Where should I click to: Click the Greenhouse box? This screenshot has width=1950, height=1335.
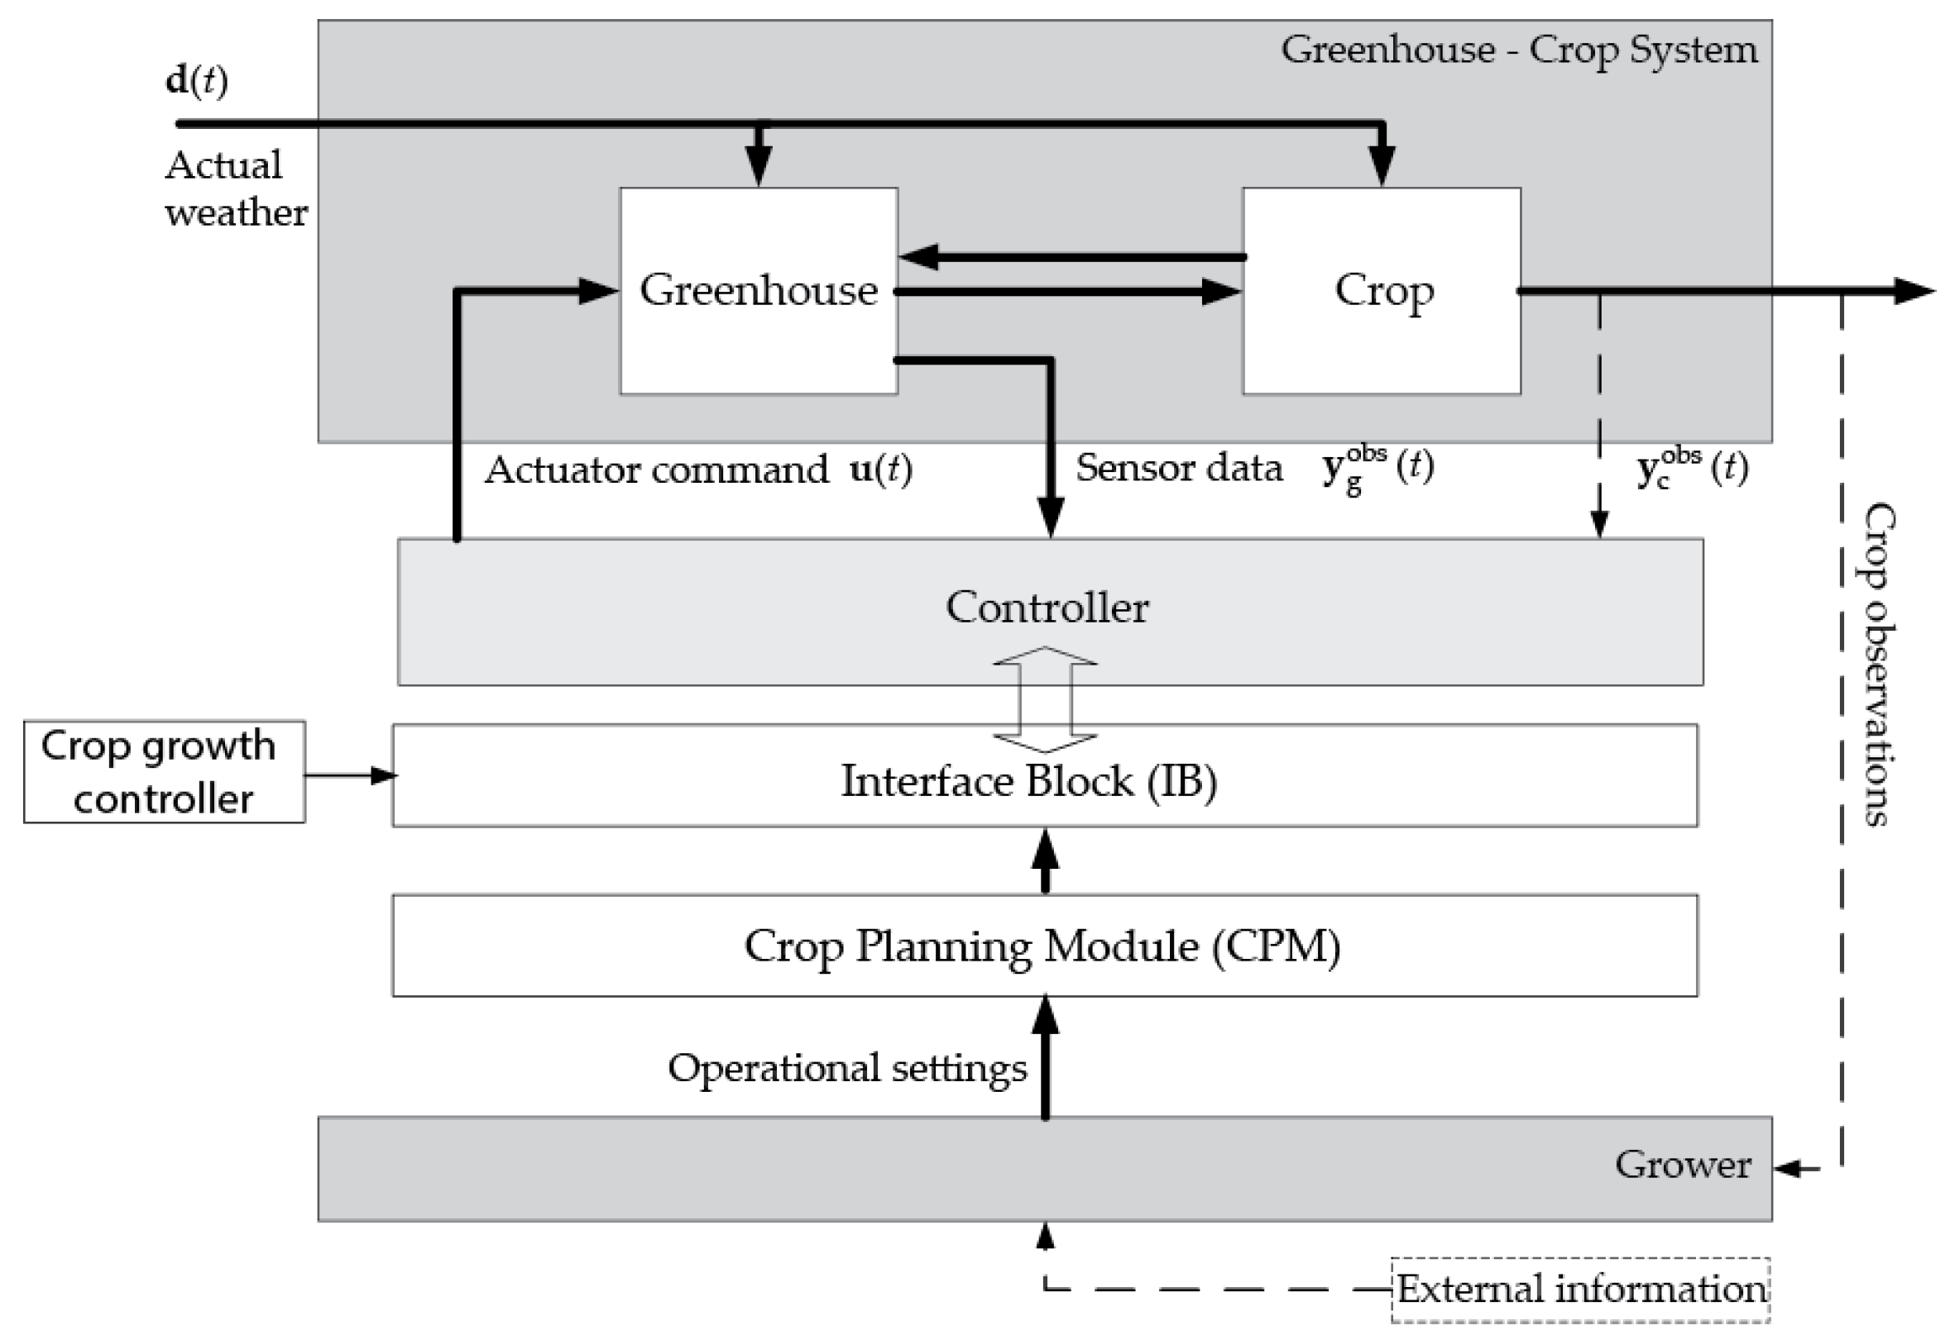coord(758,336)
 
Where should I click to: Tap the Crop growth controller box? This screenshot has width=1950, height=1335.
coord(164,771)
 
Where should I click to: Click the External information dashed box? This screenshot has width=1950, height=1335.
coord(1580,1289)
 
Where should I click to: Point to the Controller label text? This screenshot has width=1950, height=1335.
coord(1047,607)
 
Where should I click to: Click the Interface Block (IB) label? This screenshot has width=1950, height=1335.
coord(1028,780)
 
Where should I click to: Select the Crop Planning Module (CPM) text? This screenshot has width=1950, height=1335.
coord(1042,946)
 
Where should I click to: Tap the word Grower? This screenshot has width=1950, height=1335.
coord(1682,1164)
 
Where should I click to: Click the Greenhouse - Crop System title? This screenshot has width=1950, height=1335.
coord(1518,50)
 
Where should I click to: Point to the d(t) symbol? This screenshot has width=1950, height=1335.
coord(196,80)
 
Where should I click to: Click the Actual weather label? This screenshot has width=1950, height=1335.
coord(235,188)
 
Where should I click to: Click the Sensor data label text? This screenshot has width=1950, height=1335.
coord(1178,468)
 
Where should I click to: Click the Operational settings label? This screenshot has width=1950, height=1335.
coord(846,1068)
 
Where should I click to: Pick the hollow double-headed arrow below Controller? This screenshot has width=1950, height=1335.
coord(1045,699)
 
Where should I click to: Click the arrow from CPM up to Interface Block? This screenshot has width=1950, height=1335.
coord(1045,861)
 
